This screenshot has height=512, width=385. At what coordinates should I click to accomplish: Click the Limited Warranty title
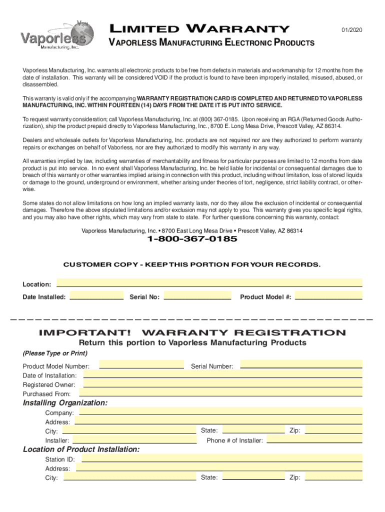pos(199,29)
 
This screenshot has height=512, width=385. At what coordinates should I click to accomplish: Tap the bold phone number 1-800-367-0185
pos(192,239)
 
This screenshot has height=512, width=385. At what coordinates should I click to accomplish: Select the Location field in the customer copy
pos(209,282)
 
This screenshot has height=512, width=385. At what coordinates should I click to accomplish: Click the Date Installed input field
pos(96,295)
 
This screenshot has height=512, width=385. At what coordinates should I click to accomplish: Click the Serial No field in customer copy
pos(197,295)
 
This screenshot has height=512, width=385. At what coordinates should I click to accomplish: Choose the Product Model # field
pos(328,295)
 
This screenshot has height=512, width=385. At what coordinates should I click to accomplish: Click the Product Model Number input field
pos(141,364)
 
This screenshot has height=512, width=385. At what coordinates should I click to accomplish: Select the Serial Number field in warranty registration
pos(301,364)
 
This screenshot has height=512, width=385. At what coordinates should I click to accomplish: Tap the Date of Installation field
pos(222,374)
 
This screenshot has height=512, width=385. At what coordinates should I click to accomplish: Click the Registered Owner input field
pos(222,383)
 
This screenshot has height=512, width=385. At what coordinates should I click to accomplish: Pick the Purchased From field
pos(222,392)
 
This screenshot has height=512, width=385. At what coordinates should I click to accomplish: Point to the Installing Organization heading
pos(65,403)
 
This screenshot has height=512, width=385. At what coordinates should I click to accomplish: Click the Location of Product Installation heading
pos(81,449)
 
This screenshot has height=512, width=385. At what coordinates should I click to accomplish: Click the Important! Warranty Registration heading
pos(192,333)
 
